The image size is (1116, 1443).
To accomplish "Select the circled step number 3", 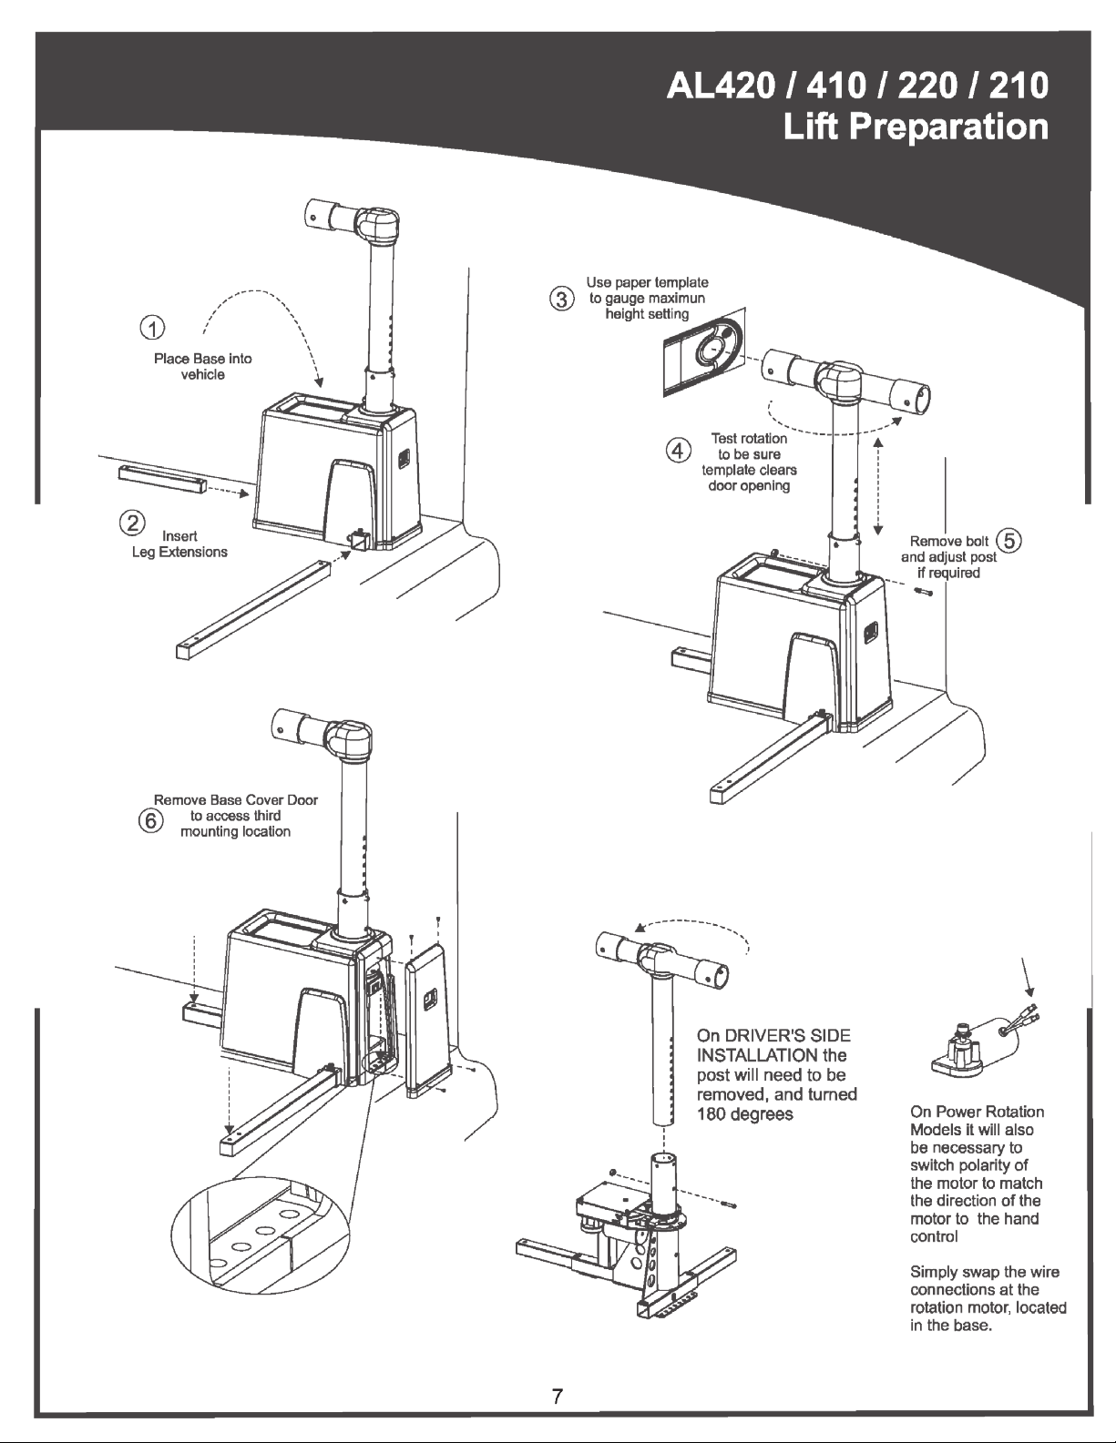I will tap(562, 299).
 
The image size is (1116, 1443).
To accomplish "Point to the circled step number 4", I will tap(677, 450).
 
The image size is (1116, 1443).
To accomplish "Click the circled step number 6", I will tap(148, 819).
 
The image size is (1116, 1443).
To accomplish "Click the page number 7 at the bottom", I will tap(558, 1396).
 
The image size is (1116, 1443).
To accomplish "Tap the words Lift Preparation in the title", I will tap(915, 127).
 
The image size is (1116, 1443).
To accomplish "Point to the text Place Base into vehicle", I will tap(202, 367).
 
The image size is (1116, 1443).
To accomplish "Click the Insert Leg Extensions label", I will tap(180, 544).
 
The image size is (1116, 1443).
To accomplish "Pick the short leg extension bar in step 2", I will tap(162, 477).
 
